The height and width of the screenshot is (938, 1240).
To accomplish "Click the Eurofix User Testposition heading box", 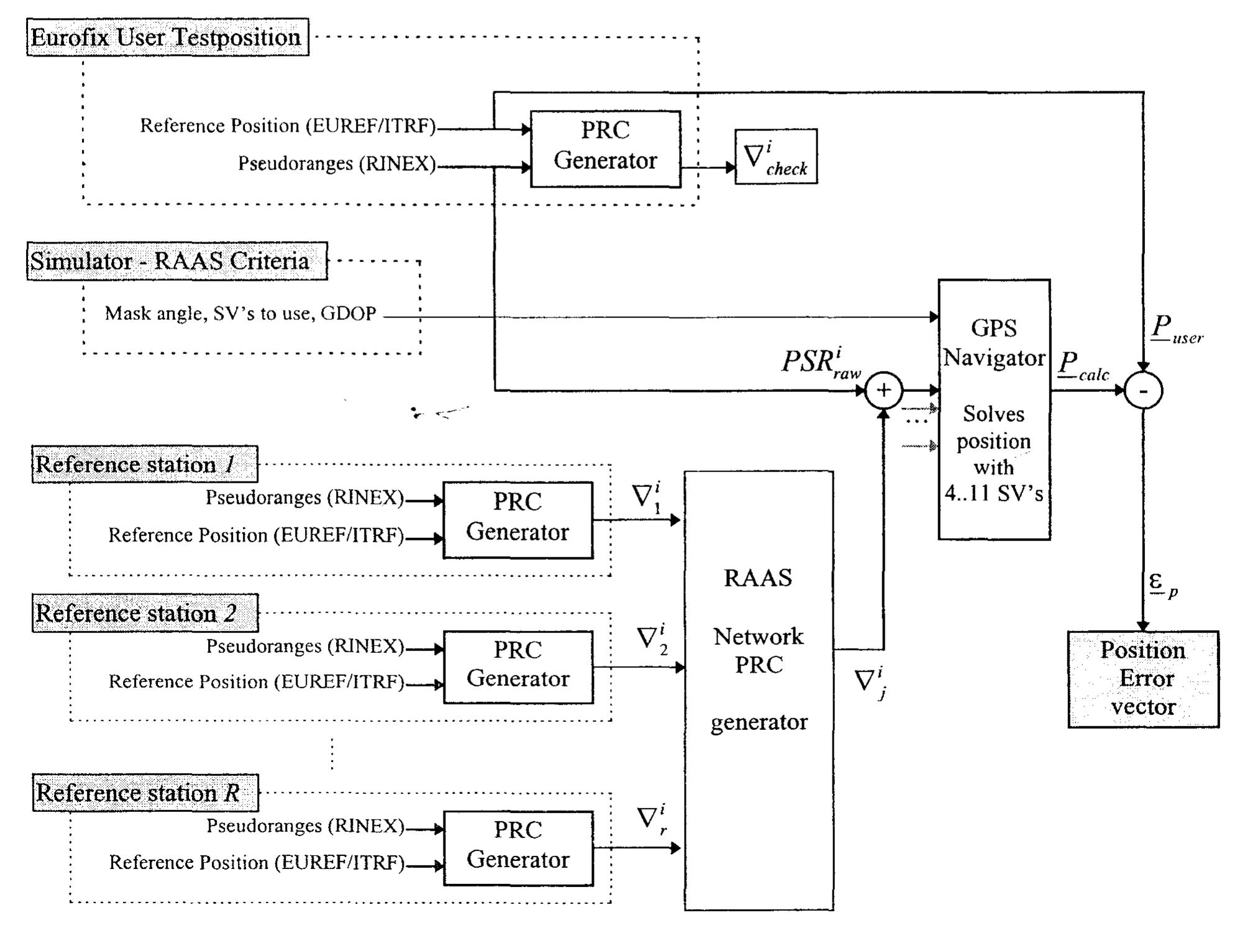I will tap(168, 37).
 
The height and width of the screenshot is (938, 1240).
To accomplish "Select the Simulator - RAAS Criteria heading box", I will tap(177, 261).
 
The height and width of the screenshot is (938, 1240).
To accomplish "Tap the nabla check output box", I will tap(776, 157).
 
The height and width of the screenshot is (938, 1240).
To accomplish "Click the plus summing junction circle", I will tap(883, 390).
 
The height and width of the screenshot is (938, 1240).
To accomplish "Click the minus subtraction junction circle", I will tap(1143, 391).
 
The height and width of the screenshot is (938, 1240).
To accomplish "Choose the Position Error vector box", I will tap(1143, 679).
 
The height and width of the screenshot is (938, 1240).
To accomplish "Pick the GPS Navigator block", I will tap(994, 410).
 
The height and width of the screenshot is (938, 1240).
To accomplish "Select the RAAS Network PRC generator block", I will tap(759, 690).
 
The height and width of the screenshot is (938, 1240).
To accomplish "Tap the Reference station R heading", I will tap(145, 793).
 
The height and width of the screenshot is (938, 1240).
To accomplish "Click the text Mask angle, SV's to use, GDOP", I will tap(240, 313).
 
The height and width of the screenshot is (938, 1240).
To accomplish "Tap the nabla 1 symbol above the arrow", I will tap(646, 498).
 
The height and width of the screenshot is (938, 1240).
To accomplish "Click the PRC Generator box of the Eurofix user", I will tap(605, 148).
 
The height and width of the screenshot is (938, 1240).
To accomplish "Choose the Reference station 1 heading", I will tap(145, 464).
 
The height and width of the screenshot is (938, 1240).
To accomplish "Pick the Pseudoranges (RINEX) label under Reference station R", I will tap(305, 826).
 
